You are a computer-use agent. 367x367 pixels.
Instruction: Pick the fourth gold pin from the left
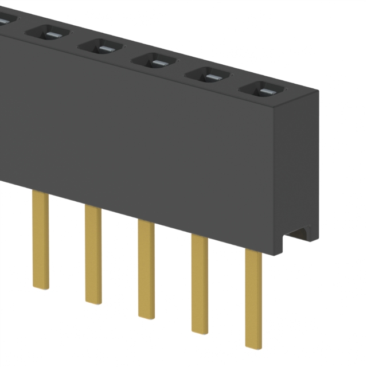200,283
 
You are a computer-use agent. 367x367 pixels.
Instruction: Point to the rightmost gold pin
253,298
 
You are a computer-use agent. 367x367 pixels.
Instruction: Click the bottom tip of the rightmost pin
253,345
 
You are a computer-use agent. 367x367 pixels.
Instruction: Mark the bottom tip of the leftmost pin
41,286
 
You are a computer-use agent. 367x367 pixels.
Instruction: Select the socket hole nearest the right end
262,89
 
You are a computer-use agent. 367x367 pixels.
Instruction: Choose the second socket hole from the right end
207,75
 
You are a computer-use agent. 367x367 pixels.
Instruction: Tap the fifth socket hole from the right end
45,31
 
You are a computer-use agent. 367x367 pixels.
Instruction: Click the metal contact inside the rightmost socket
265,91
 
